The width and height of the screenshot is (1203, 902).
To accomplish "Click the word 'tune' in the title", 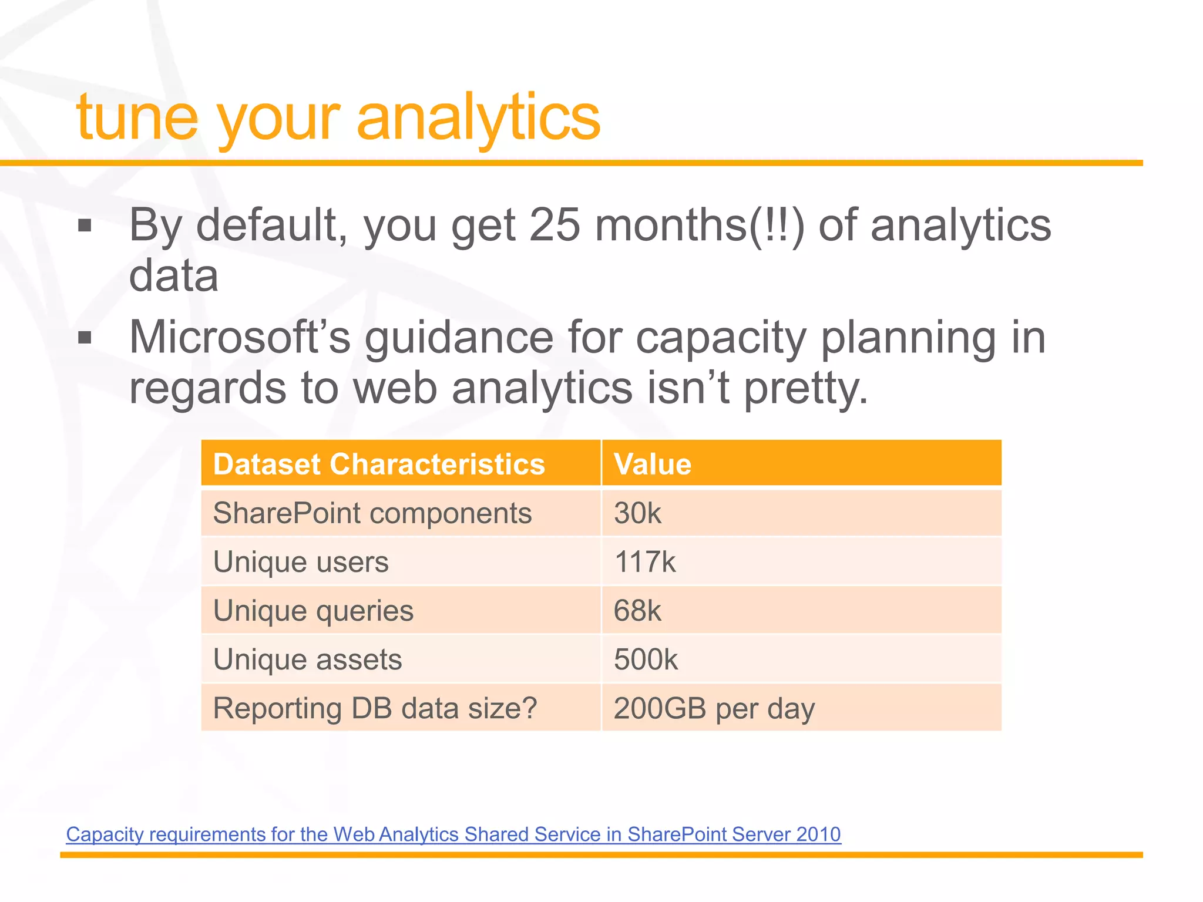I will (x=136, y=119).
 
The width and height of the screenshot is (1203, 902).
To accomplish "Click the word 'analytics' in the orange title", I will (x=478, y=119).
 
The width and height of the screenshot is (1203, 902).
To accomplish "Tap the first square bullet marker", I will (x=85, y=225).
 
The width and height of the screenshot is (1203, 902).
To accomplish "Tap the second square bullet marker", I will (x=85, y=338).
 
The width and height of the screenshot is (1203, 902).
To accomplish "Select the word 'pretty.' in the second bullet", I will (x=806, y=389).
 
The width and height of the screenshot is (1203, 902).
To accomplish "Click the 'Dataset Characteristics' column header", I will (x=379, y=464).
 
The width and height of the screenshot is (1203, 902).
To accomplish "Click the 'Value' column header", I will (x=653, y=464).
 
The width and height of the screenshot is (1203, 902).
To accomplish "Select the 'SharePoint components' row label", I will (x=372, y=513).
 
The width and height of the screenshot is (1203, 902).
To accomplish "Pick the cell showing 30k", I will (x=637, y=513).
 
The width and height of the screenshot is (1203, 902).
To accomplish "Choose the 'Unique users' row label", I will (x=301, y=562).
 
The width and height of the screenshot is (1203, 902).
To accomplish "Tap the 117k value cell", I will (x=644, y=562).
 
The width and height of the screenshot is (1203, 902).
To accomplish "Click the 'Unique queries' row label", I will (x=313, y=611).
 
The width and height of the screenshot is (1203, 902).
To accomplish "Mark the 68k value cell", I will (x=637, y=611).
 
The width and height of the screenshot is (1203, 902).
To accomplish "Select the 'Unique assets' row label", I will (x=307, y=659).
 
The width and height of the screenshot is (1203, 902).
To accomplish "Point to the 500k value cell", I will (x=646, y=659).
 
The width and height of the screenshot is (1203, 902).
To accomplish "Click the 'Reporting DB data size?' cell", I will (x=375, y=708).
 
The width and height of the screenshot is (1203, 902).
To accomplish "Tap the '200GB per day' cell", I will (x=714, y=708).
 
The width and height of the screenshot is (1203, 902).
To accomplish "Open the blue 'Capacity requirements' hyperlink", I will (x=453, y=834).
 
